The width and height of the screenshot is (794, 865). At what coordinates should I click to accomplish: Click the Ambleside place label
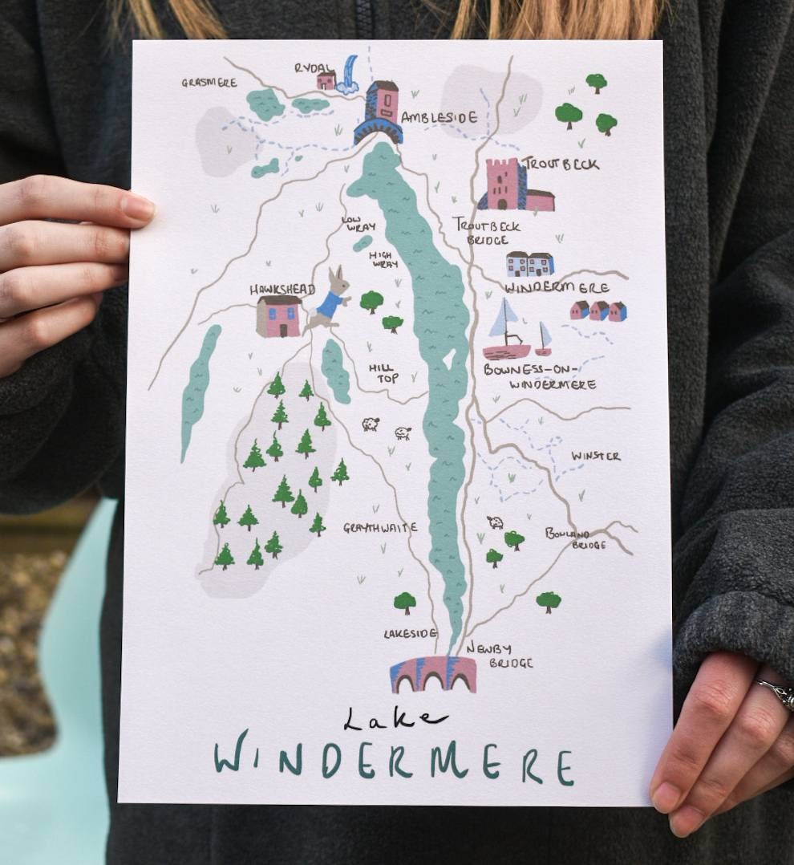pyautogui.click(x=439, y=118)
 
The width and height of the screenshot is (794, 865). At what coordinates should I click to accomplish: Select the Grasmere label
pyautogui.click(x=209, y=83)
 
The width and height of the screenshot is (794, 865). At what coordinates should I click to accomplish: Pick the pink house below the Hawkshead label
pyautogui.click(x=278, y=315)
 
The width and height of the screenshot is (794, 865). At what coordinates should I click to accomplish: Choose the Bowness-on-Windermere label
pyautogui.click(x=540, y=377)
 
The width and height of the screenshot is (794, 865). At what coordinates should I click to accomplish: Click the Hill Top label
pyautogui.click(x=383, y=372)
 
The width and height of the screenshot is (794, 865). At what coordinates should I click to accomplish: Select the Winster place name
pyautogui.click(x=595, y=456)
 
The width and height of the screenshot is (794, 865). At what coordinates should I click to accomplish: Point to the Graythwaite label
pyautogui.click(x=380, y=527)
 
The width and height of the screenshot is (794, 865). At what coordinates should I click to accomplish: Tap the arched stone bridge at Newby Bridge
pyautogui.click(x=433, y=674)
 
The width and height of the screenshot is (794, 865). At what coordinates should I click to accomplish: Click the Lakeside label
pyautogui.click(x=410, y=633)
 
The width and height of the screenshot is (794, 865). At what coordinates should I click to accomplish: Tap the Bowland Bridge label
pyautogui.click(x=577, y=538)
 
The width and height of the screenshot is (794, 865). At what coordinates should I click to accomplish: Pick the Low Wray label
pyautogui.click(x=358, y=223)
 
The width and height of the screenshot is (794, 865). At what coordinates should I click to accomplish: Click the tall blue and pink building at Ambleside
pyautogui.click(x=379, y=112)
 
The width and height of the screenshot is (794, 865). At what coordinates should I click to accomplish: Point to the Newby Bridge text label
pyautogui.click(x=499, y=655)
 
